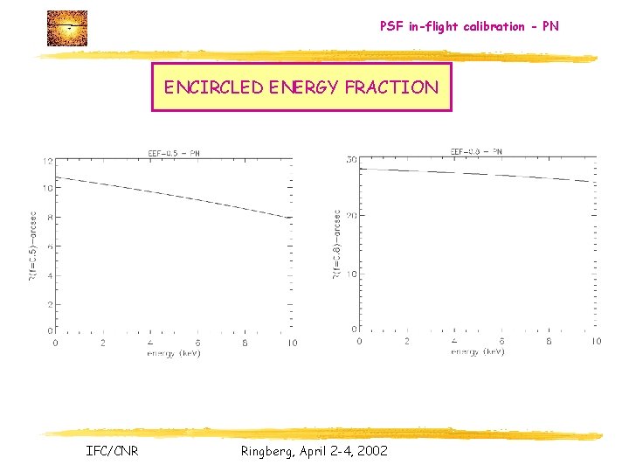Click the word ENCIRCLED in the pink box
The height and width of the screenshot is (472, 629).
tap(204, 87)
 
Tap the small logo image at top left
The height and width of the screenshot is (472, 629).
tap(66, 28)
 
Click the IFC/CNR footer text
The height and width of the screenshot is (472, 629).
tap(112, 450)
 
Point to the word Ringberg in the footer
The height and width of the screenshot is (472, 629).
tap(266, 450)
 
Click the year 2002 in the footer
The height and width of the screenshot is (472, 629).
tap(372, 450)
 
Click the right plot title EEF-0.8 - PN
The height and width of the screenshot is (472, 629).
tap(475, 151)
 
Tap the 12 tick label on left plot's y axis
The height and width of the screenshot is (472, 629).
tap(48, 161)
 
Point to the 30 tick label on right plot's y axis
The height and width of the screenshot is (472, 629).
tap(351, 160)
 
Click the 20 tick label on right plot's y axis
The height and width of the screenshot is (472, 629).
tap(351, 216)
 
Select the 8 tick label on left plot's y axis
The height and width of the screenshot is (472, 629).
tap(50, 218)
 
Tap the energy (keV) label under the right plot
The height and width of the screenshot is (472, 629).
tap(477, 351)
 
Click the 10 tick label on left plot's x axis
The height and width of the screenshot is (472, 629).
tap(292, 343)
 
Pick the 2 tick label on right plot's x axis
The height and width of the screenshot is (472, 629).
tap(407, 341)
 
